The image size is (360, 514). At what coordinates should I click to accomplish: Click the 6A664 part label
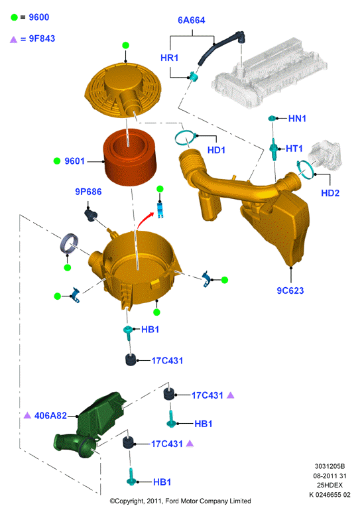click(192, 21)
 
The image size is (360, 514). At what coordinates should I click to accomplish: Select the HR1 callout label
click(169, 58)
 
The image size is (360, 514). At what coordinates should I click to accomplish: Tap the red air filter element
click(128, 157)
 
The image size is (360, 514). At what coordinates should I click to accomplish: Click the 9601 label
click(75, 161)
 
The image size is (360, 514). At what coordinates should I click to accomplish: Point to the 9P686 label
click(88, 192)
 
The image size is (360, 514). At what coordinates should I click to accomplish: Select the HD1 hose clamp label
click(216, 150)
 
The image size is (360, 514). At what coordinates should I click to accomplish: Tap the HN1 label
click(297, 118)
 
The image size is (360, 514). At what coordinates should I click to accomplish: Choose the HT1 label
click(294, 149)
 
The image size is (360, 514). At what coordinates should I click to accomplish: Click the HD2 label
click(330, 193)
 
